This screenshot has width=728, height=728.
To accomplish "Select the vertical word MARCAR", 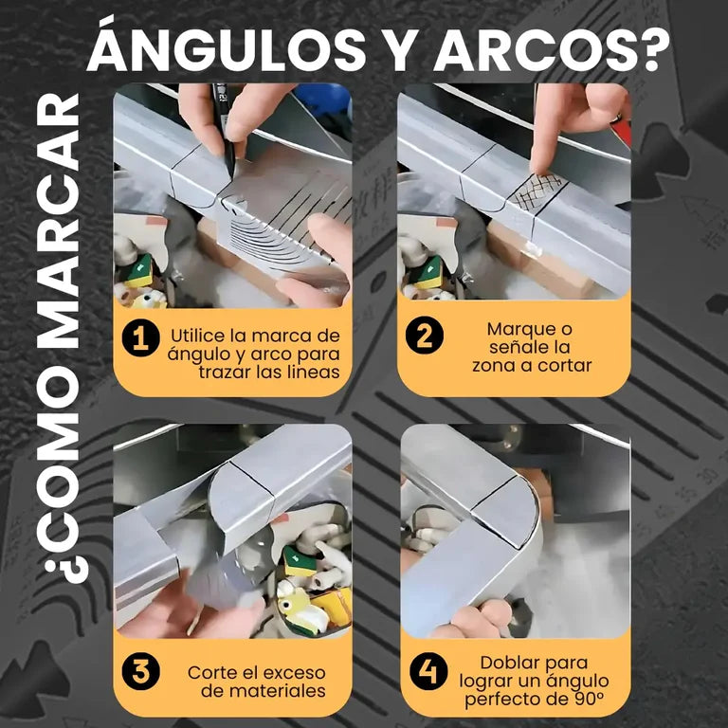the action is pos(58,221).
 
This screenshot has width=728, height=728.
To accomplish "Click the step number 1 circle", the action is pos(140,337).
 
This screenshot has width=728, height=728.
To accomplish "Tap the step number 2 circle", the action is pos(425,336).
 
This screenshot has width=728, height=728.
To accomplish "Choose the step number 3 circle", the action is pos(140,671).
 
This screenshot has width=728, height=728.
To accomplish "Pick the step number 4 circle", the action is pos(428,671).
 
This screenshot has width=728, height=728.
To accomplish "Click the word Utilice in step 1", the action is pos(201,336).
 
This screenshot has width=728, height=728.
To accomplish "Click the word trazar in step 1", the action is pos(225,372).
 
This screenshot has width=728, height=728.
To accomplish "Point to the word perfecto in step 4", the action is pos(502,700).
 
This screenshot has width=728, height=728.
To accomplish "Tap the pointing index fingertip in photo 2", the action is pos(538,166).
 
